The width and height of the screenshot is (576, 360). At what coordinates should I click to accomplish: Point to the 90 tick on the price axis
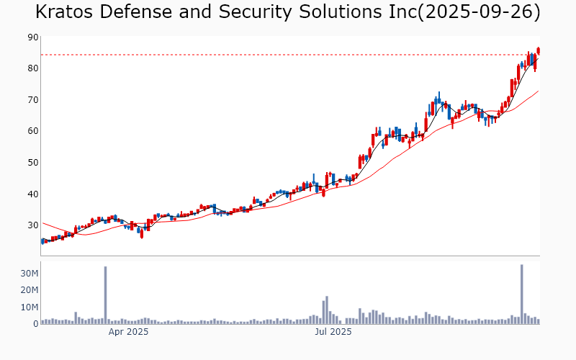pos(33,37)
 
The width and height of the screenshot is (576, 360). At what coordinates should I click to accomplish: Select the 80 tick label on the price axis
pos(33,68)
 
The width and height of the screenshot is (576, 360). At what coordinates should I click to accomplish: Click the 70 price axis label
pos(33,99)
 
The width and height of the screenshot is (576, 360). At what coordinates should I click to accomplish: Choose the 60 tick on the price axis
pos(33,131)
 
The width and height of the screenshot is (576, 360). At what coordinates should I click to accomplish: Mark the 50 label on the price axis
pos(33,163)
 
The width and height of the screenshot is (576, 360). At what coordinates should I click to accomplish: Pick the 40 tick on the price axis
pos(33,194)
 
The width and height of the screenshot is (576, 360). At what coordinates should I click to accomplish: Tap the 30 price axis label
pos(33,225)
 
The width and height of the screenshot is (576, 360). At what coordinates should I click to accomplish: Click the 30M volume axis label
pos(29,274)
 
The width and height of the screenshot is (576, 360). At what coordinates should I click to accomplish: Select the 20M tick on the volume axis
pos(29,290)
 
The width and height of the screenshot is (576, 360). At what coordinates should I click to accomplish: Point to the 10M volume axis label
pos(29,307)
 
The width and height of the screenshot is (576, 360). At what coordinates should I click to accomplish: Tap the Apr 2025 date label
pos(128,332)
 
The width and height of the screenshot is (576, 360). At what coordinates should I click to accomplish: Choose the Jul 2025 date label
pos(333,332)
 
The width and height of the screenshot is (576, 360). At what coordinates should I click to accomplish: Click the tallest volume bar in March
pos(105,295)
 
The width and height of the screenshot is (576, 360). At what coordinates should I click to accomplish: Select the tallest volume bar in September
pos(521,294)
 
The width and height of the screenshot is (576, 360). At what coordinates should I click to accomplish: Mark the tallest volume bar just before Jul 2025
pos(326,310)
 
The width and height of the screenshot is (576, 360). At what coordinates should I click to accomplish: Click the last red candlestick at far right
pos(538,50)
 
